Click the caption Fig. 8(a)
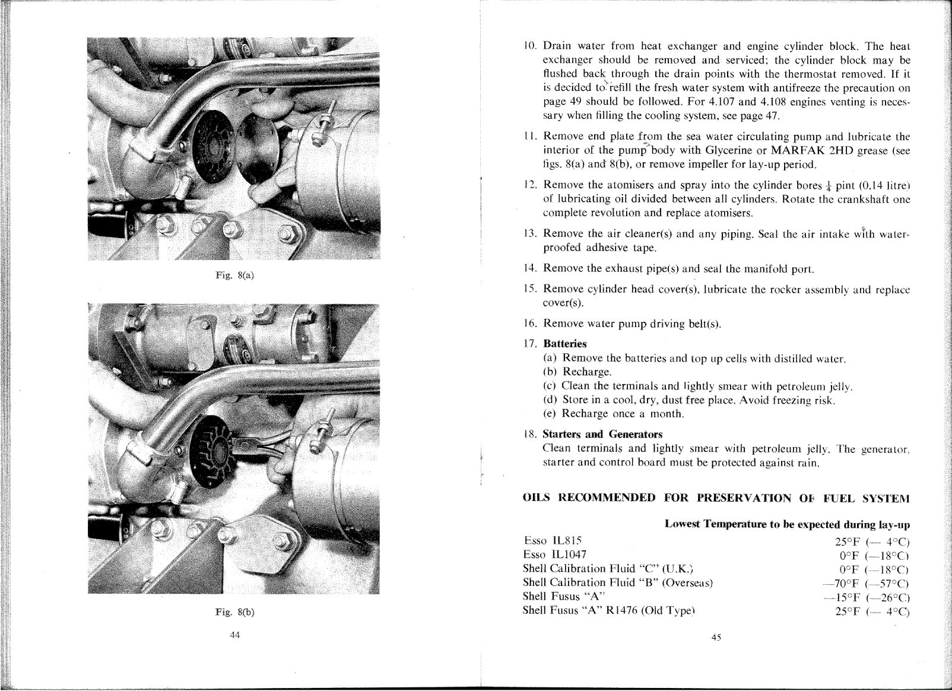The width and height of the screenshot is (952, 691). point(234,275)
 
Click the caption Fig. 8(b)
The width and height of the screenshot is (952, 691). point(234,613)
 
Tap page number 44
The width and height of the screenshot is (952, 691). point(234,635)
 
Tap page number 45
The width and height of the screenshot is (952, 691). point(715,638)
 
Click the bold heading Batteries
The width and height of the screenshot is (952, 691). point(564,344)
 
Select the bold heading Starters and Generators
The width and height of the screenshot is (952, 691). point(602,434)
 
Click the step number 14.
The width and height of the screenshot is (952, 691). point(531,268)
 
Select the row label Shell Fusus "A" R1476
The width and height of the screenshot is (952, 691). point(608,610)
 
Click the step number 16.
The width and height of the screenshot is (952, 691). point(531,324)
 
